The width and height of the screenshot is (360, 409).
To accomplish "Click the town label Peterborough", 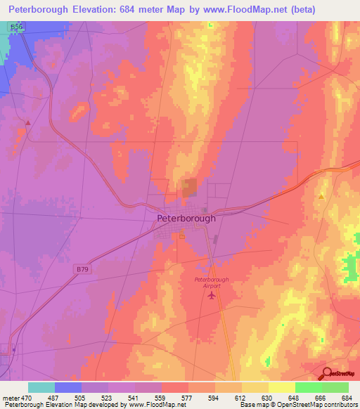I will [186, 219].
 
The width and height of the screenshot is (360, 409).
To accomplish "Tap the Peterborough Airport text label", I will [212, 283].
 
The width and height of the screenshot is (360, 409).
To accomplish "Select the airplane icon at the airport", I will [212, 294].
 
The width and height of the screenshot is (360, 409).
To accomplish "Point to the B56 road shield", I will [16, 25].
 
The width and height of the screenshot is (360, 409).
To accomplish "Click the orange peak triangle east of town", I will [321, 197].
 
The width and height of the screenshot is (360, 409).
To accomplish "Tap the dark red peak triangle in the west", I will [27, 122].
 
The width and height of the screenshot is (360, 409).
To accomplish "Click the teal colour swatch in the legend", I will [41, 387].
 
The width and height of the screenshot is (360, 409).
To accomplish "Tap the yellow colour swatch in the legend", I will [281, 387].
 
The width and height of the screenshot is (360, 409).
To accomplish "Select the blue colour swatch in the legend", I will [68, 387].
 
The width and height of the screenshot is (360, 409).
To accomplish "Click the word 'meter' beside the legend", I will [11, 398].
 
